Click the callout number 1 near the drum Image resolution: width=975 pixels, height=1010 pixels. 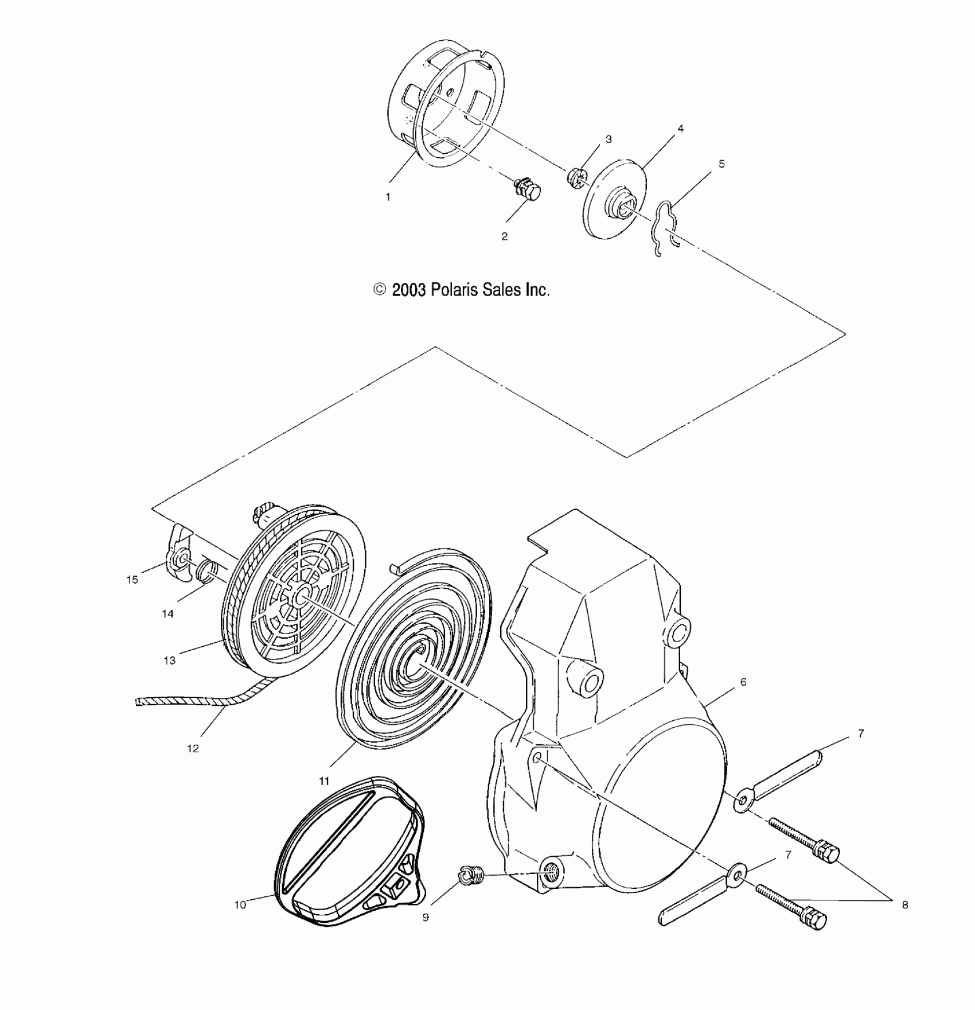pyautogui.click(x=388, y=197)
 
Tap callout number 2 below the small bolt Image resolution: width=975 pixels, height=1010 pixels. pyautogui.click(x=504, y=236)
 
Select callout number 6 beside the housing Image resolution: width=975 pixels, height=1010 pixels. pyautogui.click(x=743, y=682)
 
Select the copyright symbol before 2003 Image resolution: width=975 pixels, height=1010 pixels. pyautogui.click(x=380, y=290)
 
